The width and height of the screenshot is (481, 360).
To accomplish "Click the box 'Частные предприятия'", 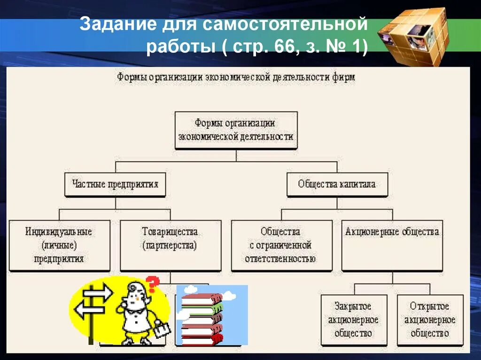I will (x=116, y=184).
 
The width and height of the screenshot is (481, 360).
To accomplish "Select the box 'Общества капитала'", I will (x=337, y=184).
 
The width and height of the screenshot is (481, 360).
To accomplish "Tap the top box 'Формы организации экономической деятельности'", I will (x=236, y=130).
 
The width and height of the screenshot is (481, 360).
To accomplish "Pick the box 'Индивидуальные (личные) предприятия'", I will (x=59, y=245).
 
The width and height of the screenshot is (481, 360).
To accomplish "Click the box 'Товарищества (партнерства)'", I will (x=170, y=245).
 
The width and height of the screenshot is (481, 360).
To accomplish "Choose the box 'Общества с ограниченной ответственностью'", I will (x=281, y=245).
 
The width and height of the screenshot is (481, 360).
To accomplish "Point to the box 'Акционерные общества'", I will (x=392, y=245).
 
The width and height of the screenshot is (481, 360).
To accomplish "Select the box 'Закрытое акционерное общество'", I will (x=353, y=320).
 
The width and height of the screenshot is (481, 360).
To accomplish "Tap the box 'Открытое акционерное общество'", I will (x=430, y=320).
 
